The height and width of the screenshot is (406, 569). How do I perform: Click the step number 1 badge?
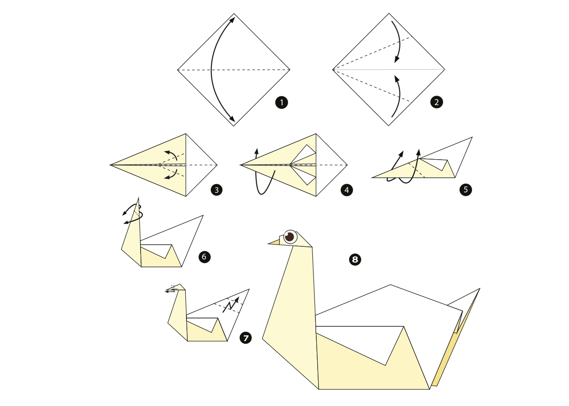pos(282,103)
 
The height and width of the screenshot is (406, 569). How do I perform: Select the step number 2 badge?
pos(437,102)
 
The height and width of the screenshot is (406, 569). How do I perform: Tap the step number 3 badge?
pos(217,190)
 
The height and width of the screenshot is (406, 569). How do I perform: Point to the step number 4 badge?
pos(347,190)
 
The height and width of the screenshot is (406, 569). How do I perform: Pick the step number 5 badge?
pos(466,190)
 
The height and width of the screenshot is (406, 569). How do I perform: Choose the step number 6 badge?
pos(205,257)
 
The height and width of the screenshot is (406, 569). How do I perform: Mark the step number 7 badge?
pos(246,338)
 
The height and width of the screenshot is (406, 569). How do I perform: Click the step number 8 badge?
pos(355,260)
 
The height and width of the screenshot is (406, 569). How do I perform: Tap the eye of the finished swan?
pos(290,237)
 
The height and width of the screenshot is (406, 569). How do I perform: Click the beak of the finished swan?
pos(274,242)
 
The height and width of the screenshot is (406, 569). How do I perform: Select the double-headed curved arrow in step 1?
pos(212,69)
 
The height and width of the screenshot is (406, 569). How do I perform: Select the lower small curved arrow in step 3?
pos(172,176)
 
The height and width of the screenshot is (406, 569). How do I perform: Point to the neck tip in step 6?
pos(138,198)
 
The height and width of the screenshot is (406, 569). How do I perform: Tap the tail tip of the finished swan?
pos(480,289)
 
